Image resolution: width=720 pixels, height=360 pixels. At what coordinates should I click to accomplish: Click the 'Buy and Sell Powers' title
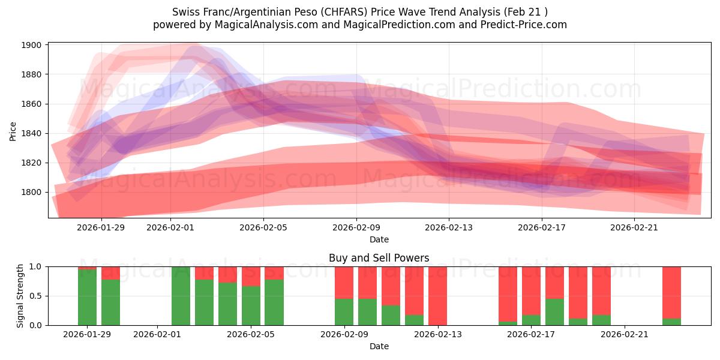pyautogui.click(x=379, y=259)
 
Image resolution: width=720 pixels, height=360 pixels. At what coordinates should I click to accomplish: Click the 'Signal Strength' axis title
pyautogui.click(x=20, y=295)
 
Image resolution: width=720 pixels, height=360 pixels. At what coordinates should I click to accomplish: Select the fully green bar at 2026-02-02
pyautogui.click(x=181, y=296)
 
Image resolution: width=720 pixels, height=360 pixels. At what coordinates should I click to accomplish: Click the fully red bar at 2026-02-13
pyautogui.click(x=437, y=296)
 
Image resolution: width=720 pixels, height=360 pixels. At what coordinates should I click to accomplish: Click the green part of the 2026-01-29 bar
pyautogui.click(x=87, y=298)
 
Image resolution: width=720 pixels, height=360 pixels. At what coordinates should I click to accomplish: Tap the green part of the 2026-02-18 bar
pyautogui.click(x=554, y=312)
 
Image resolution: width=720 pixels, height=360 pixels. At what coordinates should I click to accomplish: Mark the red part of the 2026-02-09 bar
pyautogui.click(x=344, y=282)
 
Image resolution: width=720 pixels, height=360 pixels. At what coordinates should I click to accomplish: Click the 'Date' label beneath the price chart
pyautogui.click(x=379, y=239)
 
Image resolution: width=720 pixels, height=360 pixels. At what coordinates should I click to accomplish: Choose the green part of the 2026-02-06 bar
pyautogui.click(x=274, y=303)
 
